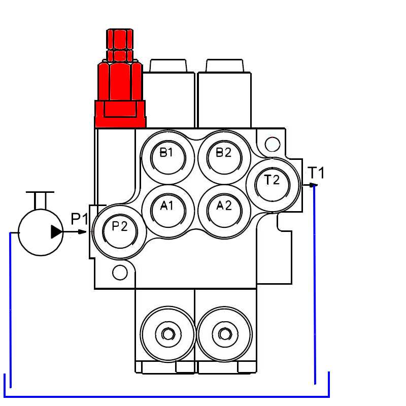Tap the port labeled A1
tap(167, 208)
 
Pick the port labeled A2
tap(224, 208)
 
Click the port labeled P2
tap(120, 230)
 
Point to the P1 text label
tap(80, 219)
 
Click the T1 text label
tap(316, 173)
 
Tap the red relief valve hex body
tap(120, 81)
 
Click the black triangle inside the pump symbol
tap(56, 232)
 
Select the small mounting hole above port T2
tap(273, 145)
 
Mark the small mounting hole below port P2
tap(120, 273)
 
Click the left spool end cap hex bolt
tap(167, 333)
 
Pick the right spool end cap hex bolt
tap(224, 333)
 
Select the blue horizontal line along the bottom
tap(167, 396)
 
